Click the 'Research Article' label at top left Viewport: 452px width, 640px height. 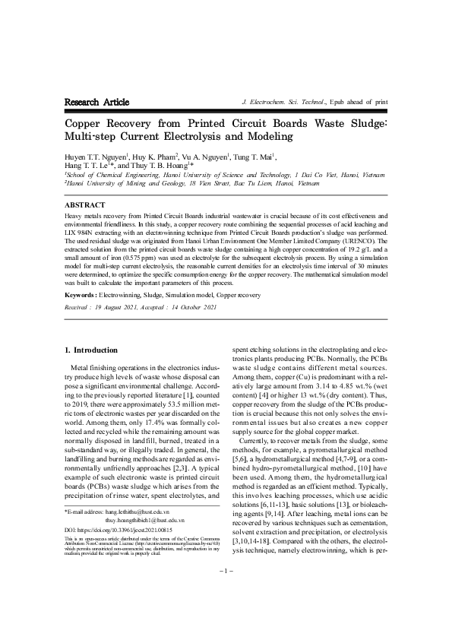(96, 102)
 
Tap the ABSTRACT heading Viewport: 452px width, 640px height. (85, 205)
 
